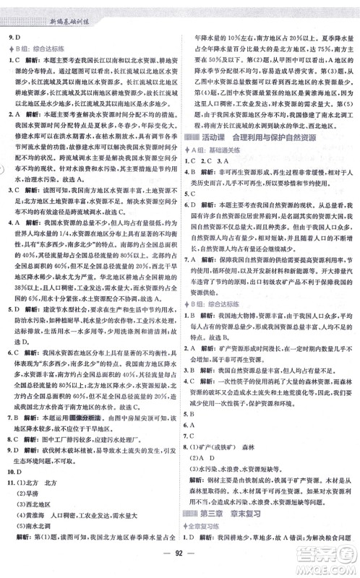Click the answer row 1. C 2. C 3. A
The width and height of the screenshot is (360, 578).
click(210, 160)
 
